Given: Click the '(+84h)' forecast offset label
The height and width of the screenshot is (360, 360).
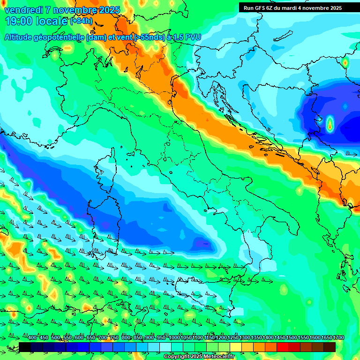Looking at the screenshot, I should pyautogui.click(x=82, y=21).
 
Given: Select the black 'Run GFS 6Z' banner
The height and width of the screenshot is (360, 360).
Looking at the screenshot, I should pyautogui.click(x=292, y=7).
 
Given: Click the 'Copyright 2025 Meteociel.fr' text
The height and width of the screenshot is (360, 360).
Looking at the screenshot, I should pyautogui.click(x=199, y=357).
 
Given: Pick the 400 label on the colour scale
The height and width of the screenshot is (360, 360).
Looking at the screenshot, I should pyautogui.click(x=32, y=338).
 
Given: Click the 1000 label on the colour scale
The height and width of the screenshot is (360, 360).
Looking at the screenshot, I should pyautogui.click(x=174, y=338).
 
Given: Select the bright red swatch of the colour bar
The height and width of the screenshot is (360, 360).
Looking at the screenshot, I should pyautogui.click(x=282, y=347).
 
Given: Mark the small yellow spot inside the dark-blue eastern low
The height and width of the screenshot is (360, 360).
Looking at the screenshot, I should pyautogui.click(x=330, y=124).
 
